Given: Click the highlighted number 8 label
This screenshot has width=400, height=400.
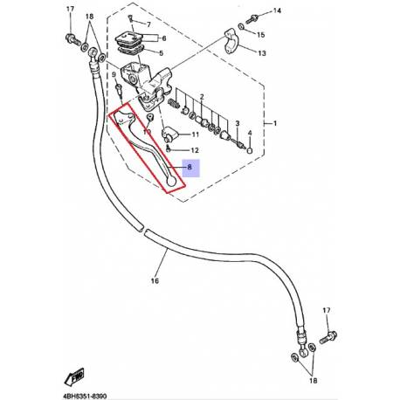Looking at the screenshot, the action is [x=190, y=167].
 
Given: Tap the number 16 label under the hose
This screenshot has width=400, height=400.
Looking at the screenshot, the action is [x=155, y=280].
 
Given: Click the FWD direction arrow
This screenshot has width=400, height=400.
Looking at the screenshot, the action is [x=74, y=376].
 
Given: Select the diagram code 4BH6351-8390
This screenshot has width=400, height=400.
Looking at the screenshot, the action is [x=85, y=397].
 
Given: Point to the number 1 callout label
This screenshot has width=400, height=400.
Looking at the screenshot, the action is [x=275, y=123].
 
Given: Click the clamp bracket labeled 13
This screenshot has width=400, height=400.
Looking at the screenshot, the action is [x=231, y=41].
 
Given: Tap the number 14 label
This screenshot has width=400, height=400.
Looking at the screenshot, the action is [x=277, y=10].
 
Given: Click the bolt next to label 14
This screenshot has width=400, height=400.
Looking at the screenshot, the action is [x=252, y=19].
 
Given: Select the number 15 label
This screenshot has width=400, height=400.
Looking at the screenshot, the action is [x=260, y=35].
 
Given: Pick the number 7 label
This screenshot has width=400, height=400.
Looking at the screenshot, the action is [x=148, y=24].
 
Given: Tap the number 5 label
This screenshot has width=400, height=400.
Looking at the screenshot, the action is [x=161, y=53].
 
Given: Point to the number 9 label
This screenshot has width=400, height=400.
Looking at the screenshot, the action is [x=114, y=75].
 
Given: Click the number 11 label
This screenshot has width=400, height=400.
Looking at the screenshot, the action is [x=195, y=134].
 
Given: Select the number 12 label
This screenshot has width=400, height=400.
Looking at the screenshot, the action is [x=195, y=150].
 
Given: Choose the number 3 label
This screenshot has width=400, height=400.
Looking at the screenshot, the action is [x=238, y=123].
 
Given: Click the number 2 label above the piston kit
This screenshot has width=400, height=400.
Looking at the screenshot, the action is [x=202, y=97].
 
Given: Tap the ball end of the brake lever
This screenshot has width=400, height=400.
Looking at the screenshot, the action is [x=171, y=182].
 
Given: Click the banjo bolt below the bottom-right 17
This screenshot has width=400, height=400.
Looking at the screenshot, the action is [x=328, y=337].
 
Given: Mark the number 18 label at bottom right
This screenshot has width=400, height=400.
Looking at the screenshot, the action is [x=314, y=381].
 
